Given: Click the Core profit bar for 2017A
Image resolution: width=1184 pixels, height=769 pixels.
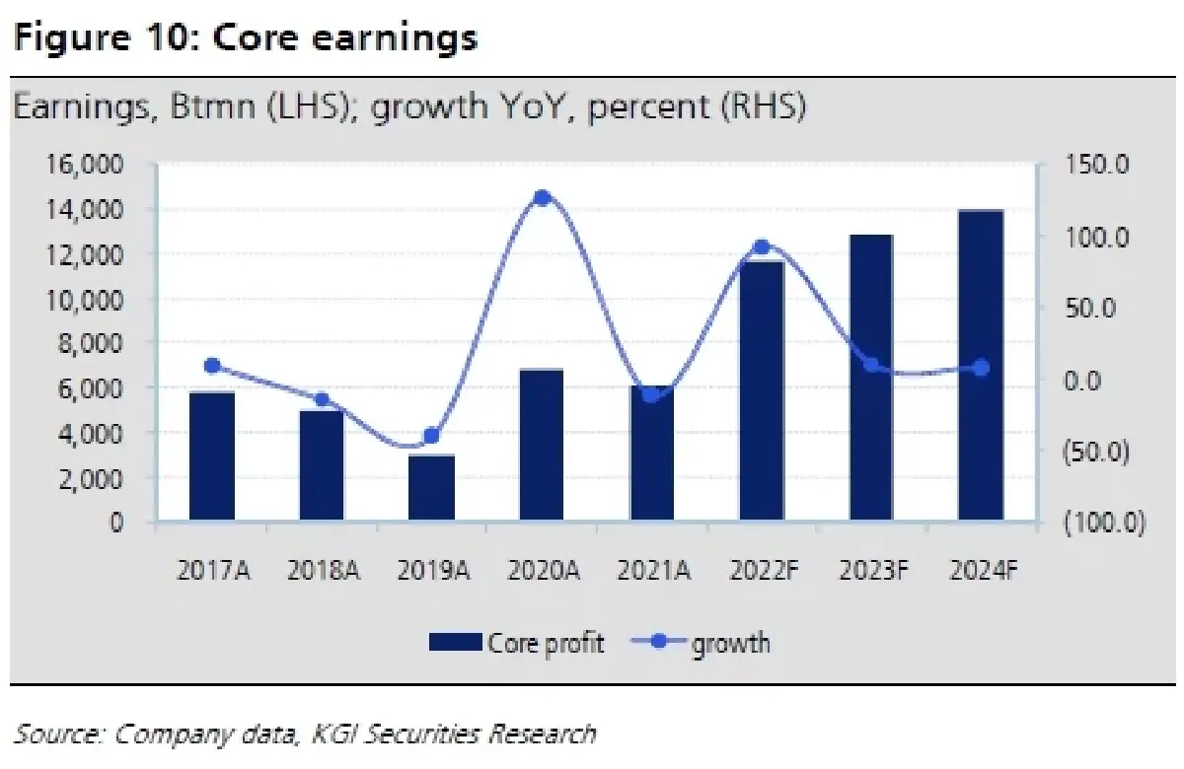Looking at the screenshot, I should pyautogui.click(x=212, y=456).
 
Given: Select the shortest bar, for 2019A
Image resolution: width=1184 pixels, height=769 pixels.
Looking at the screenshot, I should pyautogui.click(x=432, y=487).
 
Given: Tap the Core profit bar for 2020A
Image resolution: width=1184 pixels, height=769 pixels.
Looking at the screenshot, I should pyautogui.click(x=542, y=446).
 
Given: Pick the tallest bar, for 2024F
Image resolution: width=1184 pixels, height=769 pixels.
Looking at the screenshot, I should pyautogui.click(x=981, y=365).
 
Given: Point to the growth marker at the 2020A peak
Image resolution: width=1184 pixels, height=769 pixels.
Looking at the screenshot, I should pyautogui.click(x=542, y=198).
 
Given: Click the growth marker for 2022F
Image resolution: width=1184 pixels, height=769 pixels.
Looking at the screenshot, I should pyautogui.click(x=761, y=247).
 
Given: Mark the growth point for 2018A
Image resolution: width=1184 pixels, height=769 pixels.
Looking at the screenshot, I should pyautogui.click(x=322, y=400).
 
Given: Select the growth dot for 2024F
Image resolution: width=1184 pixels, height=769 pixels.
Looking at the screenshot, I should pyautogui.click(x=981, y=368).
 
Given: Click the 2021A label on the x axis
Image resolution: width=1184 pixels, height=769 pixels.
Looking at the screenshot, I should pyautogui.click(x=651, y=571).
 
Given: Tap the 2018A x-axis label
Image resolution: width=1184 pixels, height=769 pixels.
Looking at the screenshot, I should pyautogui.click(x=322, y=571).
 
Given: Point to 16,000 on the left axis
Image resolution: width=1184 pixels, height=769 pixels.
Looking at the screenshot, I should pyautogui.click(x=84, y=165).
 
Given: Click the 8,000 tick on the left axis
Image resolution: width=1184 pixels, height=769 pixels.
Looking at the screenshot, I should pyautogui.click(x=90, y=343).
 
